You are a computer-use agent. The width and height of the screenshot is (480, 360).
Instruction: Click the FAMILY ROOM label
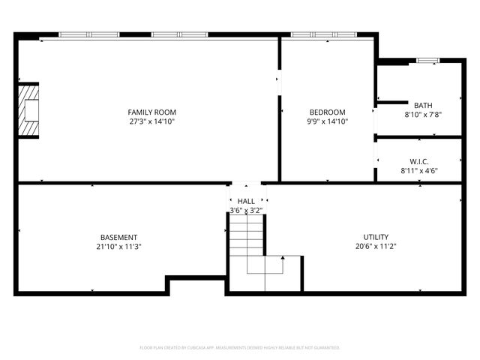tap(152, 112)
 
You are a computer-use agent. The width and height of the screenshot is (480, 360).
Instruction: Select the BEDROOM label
tap(328, 112)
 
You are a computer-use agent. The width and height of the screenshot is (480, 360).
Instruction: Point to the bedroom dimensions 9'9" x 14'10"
tap(328, 121)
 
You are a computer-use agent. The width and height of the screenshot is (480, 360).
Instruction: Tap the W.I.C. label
tap(419, 161)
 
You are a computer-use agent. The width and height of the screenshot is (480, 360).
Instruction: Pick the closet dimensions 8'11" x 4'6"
tap(419, 171)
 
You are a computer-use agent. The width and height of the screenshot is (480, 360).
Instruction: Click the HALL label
tap(246, 201)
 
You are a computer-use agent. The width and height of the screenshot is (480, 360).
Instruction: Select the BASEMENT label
tap(119, 237)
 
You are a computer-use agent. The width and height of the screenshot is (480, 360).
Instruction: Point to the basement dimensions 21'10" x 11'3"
tap(119, 247)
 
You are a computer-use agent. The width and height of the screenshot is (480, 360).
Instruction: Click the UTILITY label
tap(376, 237)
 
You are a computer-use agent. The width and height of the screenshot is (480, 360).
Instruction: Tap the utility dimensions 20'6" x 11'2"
tap(376, 247)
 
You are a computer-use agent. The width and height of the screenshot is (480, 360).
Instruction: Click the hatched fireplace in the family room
tap(28, 110)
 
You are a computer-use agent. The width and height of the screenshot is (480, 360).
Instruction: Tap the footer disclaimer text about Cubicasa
tap(240, 348)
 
